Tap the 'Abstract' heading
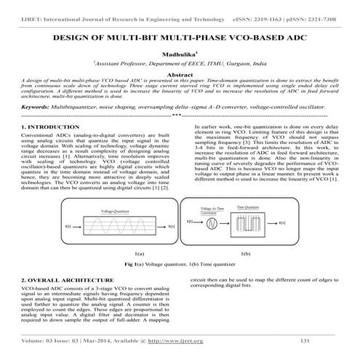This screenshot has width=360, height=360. click(x=180, y=75)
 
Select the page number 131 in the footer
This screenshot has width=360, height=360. click(x=305, y=341)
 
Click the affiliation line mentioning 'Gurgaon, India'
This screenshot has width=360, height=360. click(x=180, y=64)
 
